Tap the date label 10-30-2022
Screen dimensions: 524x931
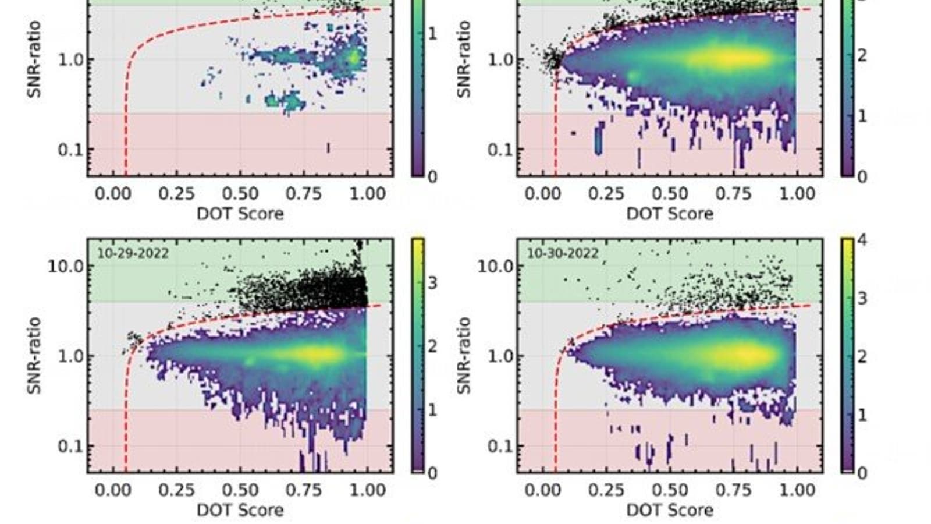(x=563, y=253)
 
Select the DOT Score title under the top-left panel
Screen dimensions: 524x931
(x=240, y=214)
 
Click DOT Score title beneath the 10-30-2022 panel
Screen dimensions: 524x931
(x=670, y=510)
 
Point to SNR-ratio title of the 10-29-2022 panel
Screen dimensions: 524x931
(x=34, y=355)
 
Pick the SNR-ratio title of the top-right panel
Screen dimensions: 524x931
(x=464, y=59)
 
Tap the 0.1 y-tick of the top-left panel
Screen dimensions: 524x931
(x=69, y=150)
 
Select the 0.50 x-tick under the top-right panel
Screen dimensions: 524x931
(x=670, y=194)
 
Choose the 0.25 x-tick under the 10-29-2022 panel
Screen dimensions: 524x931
(x=176, y=490)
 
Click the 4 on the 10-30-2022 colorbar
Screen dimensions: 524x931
(x=862, y=240)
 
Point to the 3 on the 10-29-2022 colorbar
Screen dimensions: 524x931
(x=432, y=284)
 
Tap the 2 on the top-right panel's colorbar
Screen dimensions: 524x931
(x=862, y=56)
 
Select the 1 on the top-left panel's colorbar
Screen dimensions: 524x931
(x=432, y=34)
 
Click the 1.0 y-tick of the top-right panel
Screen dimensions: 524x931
(x=499, y=60)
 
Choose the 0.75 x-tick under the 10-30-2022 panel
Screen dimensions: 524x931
(x=734, y=490)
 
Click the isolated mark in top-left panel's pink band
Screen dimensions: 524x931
(x=328, y=148)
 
